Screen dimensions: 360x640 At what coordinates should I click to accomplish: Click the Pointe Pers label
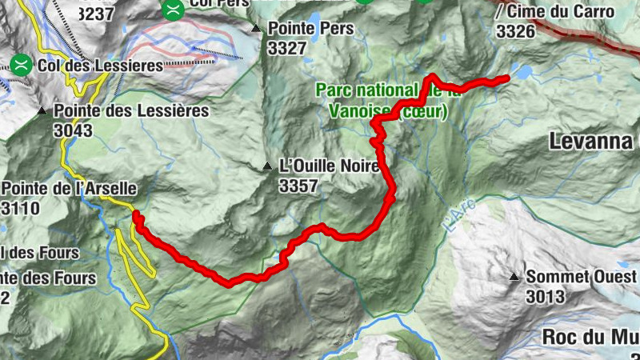pyautogui.click(x=310, y=29)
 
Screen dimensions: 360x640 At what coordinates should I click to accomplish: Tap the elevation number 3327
pyautogui.click(x=288, y=48)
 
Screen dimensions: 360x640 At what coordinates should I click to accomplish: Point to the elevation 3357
pyautogui.click(x=299, y=186)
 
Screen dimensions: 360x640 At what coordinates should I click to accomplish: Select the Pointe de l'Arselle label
pyautogui.click(x=69, y=189)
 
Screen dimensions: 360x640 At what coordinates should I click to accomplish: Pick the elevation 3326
pyautogui.click(x=515, y=31)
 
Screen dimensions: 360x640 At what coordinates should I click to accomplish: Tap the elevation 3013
pyautogui.click(x=546, y=297)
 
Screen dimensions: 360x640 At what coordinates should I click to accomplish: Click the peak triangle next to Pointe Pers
pyautogui.click(x=256, y=29)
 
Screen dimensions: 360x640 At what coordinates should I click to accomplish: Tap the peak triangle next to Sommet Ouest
pyautogui.click(x=514, y=277)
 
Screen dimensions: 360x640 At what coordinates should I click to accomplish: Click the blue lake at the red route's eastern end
pyautogui.click(x=524, y=73)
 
